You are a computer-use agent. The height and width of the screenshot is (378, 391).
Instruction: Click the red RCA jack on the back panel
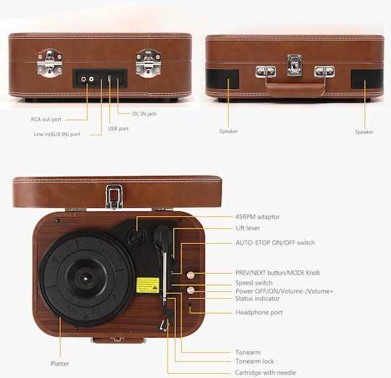[x=83, y=79]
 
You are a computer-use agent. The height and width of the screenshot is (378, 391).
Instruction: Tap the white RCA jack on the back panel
[x=91, y=79]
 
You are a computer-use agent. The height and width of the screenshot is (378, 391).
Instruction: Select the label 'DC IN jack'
[x=144, y=114]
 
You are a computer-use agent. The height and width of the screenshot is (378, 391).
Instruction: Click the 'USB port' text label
[x=118, y=129]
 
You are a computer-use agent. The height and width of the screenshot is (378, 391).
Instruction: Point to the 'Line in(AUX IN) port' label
[x=57, y=134]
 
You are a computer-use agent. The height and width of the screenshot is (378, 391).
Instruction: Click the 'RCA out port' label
[x=46, y=119]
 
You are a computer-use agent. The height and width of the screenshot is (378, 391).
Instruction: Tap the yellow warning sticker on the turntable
[x=148, y=285]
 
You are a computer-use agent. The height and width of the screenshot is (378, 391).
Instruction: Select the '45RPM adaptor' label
[x=258, y=217]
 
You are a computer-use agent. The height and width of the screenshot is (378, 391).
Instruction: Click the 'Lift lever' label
[x=248, y=228]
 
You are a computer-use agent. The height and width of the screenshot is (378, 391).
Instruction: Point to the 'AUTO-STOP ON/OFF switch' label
[x=275, y=243]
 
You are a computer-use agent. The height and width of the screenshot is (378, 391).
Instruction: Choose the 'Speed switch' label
[x=254, y=282]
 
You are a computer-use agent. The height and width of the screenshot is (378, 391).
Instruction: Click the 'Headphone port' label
[x=258, y=312]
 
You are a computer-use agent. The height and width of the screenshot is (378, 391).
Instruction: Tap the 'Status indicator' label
[x=257, y=298]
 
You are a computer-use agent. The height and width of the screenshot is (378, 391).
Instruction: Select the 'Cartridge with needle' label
[x=265, y=372]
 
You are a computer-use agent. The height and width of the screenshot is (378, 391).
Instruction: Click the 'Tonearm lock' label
[x=255, y=361]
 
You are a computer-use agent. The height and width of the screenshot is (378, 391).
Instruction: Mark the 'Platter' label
[x=60, y=364]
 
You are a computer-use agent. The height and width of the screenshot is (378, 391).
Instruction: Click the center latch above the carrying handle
[x=294, y=65]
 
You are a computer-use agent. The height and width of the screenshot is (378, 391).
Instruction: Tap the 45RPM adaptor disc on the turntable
[x=136, y=237]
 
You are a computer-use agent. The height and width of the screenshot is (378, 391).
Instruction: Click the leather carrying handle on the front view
[x=295, y=89]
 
